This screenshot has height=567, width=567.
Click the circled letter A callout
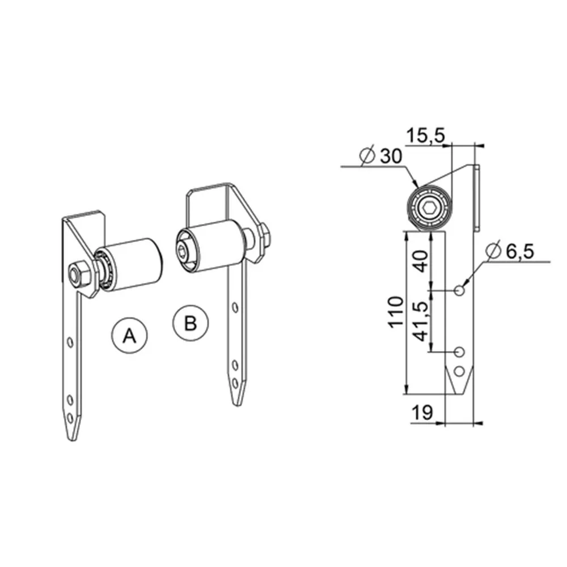point(129,335)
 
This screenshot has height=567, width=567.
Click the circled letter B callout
point(191,323)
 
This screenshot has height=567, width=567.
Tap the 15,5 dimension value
point(426,136)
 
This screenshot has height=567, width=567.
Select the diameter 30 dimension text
point(381,156)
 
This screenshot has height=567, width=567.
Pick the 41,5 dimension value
point(421,321)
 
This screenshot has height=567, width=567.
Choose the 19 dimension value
point(422,412)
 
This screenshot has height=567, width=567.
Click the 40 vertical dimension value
point(421,261)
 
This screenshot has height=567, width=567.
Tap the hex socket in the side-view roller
point(429,209)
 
